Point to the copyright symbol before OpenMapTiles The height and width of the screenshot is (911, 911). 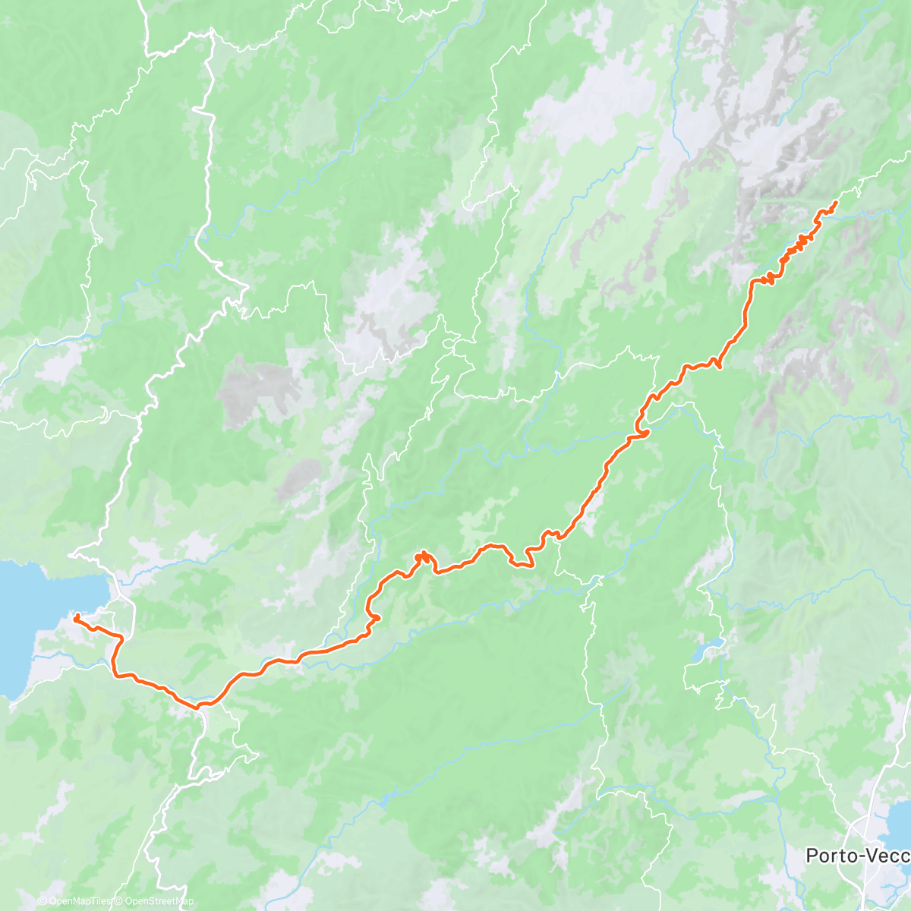coord(42,901)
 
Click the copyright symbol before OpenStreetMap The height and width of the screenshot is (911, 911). coord(119,901)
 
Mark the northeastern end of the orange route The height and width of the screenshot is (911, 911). coord(835,202)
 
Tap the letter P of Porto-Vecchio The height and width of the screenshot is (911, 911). coord(812,856)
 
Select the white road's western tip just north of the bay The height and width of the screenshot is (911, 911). coord(70,555)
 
